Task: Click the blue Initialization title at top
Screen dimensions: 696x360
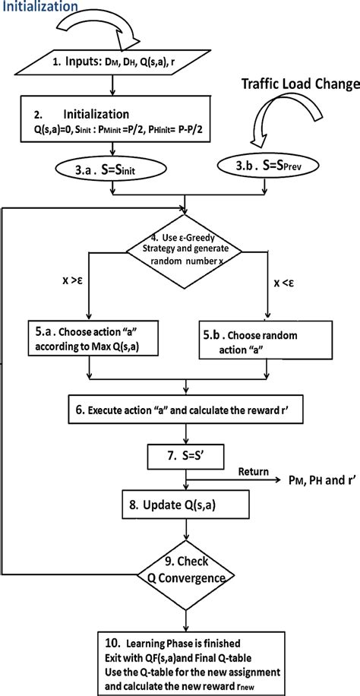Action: [39, 7]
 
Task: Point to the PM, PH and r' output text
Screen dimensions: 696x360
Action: [313, 481]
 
